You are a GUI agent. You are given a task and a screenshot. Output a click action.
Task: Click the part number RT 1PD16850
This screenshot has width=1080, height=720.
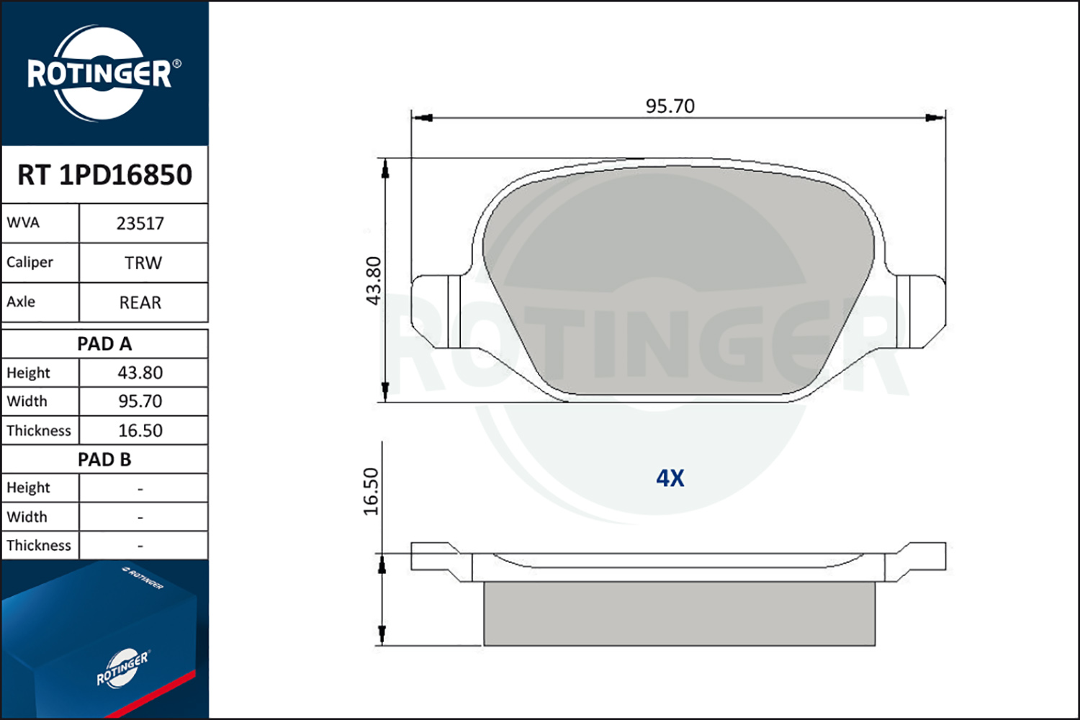click(x=104, y=174)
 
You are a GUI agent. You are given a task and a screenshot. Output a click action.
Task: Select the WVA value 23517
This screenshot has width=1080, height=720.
click(x=140, y=224)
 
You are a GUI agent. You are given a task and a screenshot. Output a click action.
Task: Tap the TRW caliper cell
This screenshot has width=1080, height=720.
click(x=143, y=263)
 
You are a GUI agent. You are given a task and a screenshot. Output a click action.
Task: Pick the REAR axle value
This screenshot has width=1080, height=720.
click(x=140, y=302)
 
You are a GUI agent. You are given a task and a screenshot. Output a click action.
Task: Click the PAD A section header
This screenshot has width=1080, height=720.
click(x=104, y=344)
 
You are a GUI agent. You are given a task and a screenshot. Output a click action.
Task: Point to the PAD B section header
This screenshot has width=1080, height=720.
click(x=104, y=459)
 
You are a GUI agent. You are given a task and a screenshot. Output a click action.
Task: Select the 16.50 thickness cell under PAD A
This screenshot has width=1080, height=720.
click(x=140, y=431)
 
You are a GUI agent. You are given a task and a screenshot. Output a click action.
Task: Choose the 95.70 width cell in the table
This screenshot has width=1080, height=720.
click(x=140, y=401)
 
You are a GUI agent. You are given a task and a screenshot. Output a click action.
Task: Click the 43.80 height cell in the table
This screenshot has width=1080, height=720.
click(x=140, y=373)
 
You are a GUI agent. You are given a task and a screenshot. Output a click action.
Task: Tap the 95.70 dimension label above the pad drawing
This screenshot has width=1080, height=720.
click(x=670, y=106)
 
